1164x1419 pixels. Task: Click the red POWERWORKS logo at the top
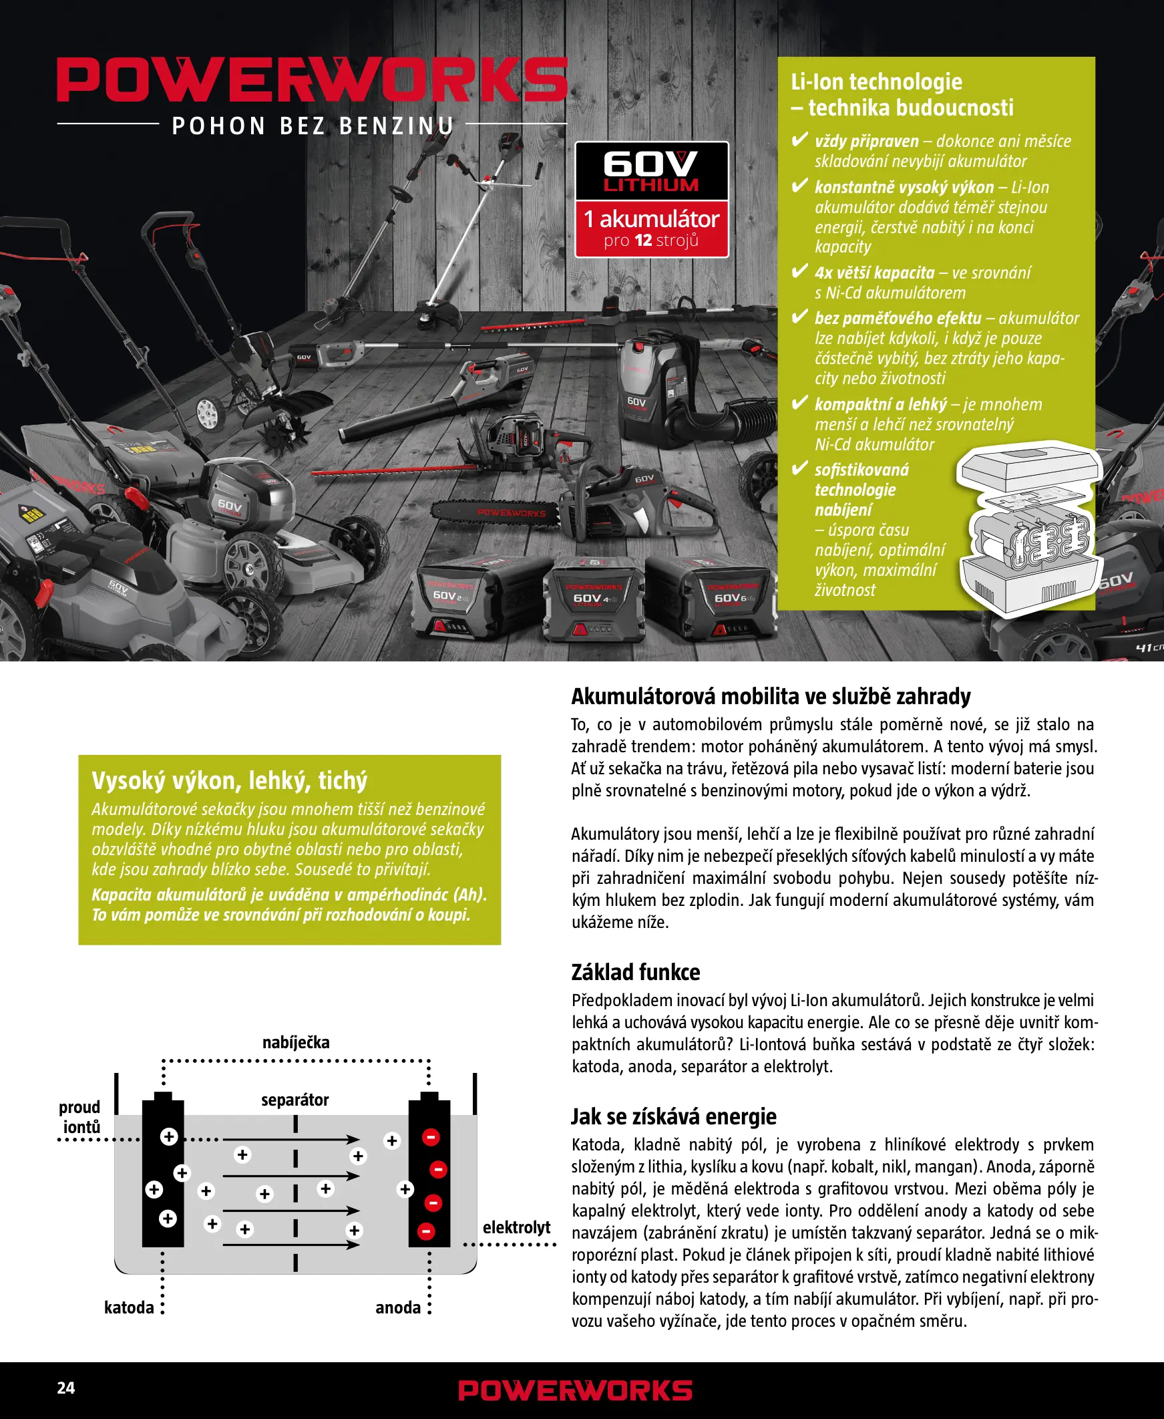(x=312, y=80)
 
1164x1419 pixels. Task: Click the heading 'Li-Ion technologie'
(x=876, y=82)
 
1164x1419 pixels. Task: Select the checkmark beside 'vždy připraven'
(x=799, y=140)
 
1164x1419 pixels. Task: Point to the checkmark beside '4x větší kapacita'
(x=799, y=272)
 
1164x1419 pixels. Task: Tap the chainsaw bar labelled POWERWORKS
(x=496, y=513)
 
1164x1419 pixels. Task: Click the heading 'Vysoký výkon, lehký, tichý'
(x=229, y=780)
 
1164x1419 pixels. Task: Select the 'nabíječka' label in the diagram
(x=296, y=1042)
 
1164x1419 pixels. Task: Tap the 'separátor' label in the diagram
(x=295, y=1100)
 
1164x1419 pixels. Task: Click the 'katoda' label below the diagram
(x=129, y=1307)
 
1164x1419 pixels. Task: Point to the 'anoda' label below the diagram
(x=397, y=1307)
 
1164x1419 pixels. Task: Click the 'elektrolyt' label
(x=516, y=1227)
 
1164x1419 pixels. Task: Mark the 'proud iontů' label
(x=79, y=1116)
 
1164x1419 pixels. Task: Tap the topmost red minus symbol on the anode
(x=431, y=1136)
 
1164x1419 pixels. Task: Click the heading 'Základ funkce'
(x=635, y=971)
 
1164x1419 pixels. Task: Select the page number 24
(x=65, y=1388)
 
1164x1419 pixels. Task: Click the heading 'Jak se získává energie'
(x=673, y=1116)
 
